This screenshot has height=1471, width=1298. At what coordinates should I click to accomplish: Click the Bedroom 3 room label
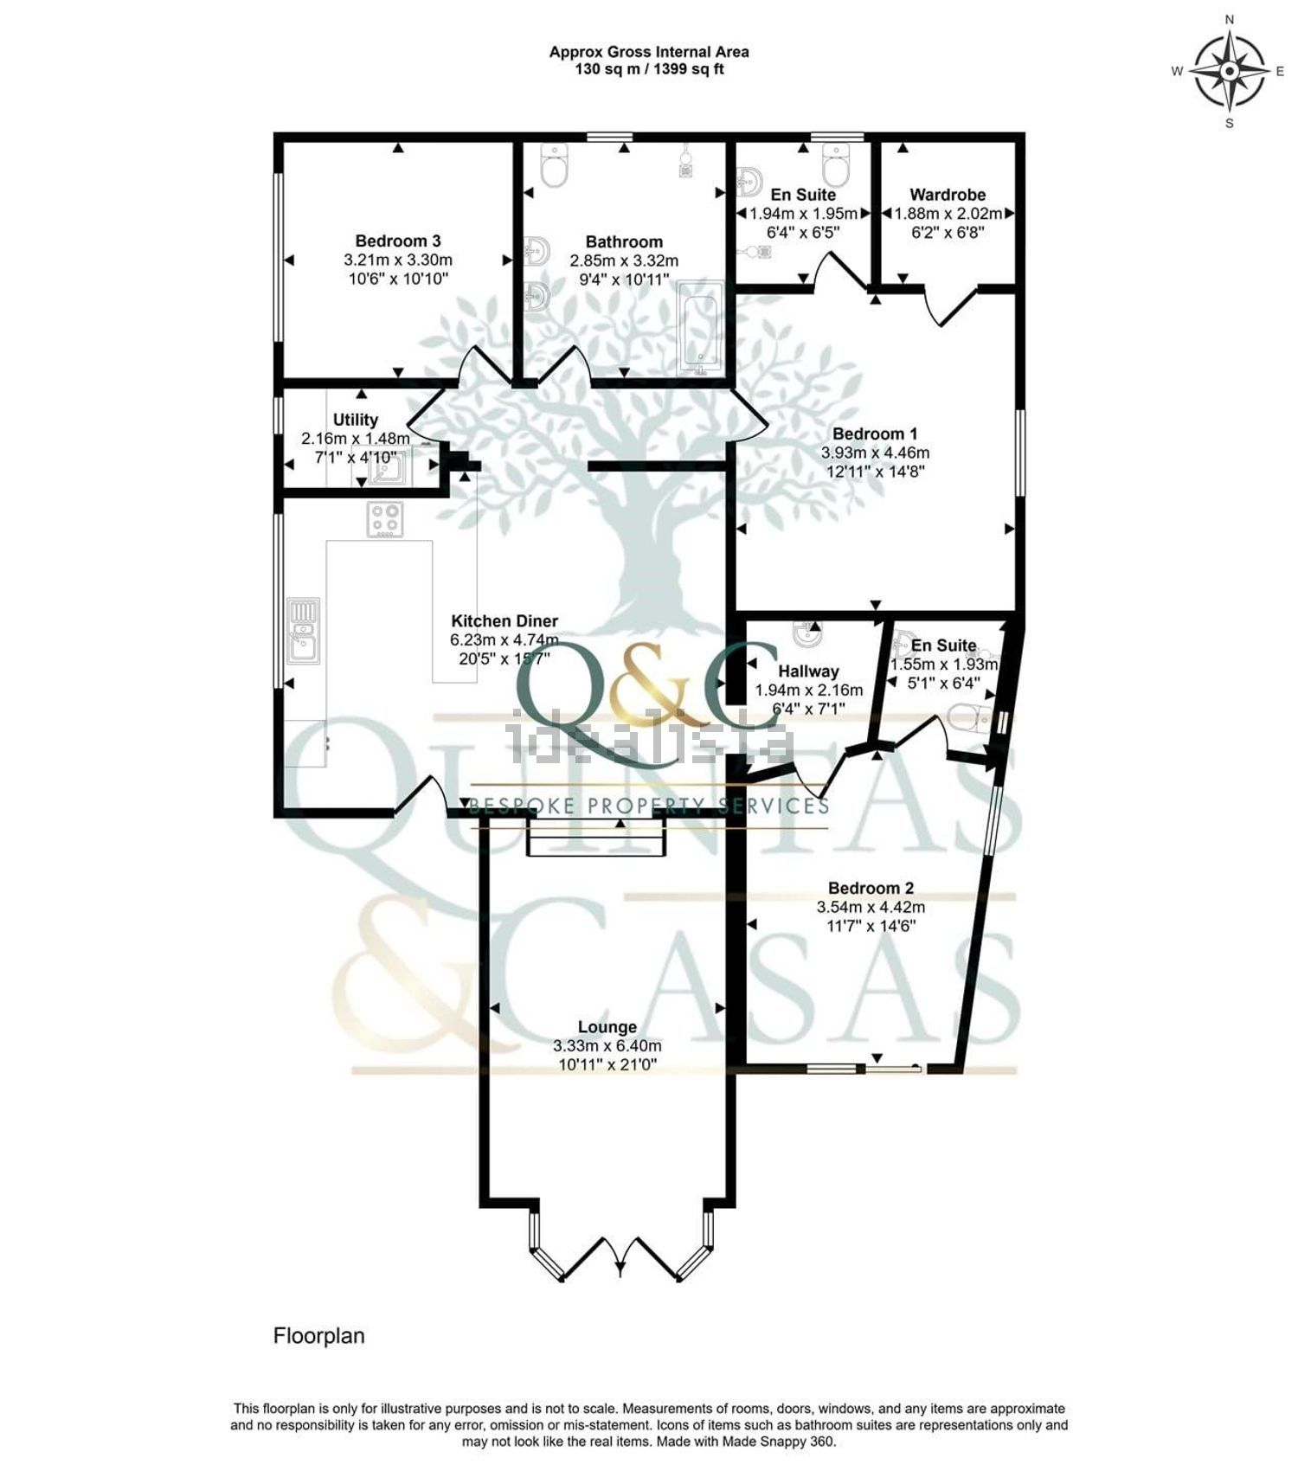click(398, 241)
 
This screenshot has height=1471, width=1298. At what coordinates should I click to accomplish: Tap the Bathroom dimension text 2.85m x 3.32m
click(624, 260)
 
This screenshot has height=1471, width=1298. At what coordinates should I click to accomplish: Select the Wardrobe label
click(948, 195)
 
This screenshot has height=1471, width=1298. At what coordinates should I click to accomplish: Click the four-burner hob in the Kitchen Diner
click(385, 520)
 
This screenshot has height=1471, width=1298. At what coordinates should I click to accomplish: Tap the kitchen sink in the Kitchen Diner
click(304, 631)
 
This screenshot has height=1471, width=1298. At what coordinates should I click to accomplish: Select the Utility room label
click(356, 420)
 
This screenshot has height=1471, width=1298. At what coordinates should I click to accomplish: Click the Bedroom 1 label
click(875, 434)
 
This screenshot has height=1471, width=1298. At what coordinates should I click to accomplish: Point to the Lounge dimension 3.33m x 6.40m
click(607, 1046)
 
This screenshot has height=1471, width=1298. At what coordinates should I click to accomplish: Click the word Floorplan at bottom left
click(319, 1336)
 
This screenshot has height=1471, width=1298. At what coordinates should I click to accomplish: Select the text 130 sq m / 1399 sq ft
click(650, 69)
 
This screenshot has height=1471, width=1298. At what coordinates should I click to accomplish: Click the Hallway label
click(808, 671)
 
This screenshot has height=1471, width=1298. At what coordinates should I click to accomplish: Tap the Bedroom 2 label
click(871, 888)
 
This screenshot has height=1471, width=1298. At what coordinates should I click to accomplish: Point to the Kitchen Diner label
click(504, 620)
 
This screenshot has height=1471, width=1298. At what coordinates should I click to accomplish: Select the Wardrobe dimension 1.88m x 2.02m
click(948, 214)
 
